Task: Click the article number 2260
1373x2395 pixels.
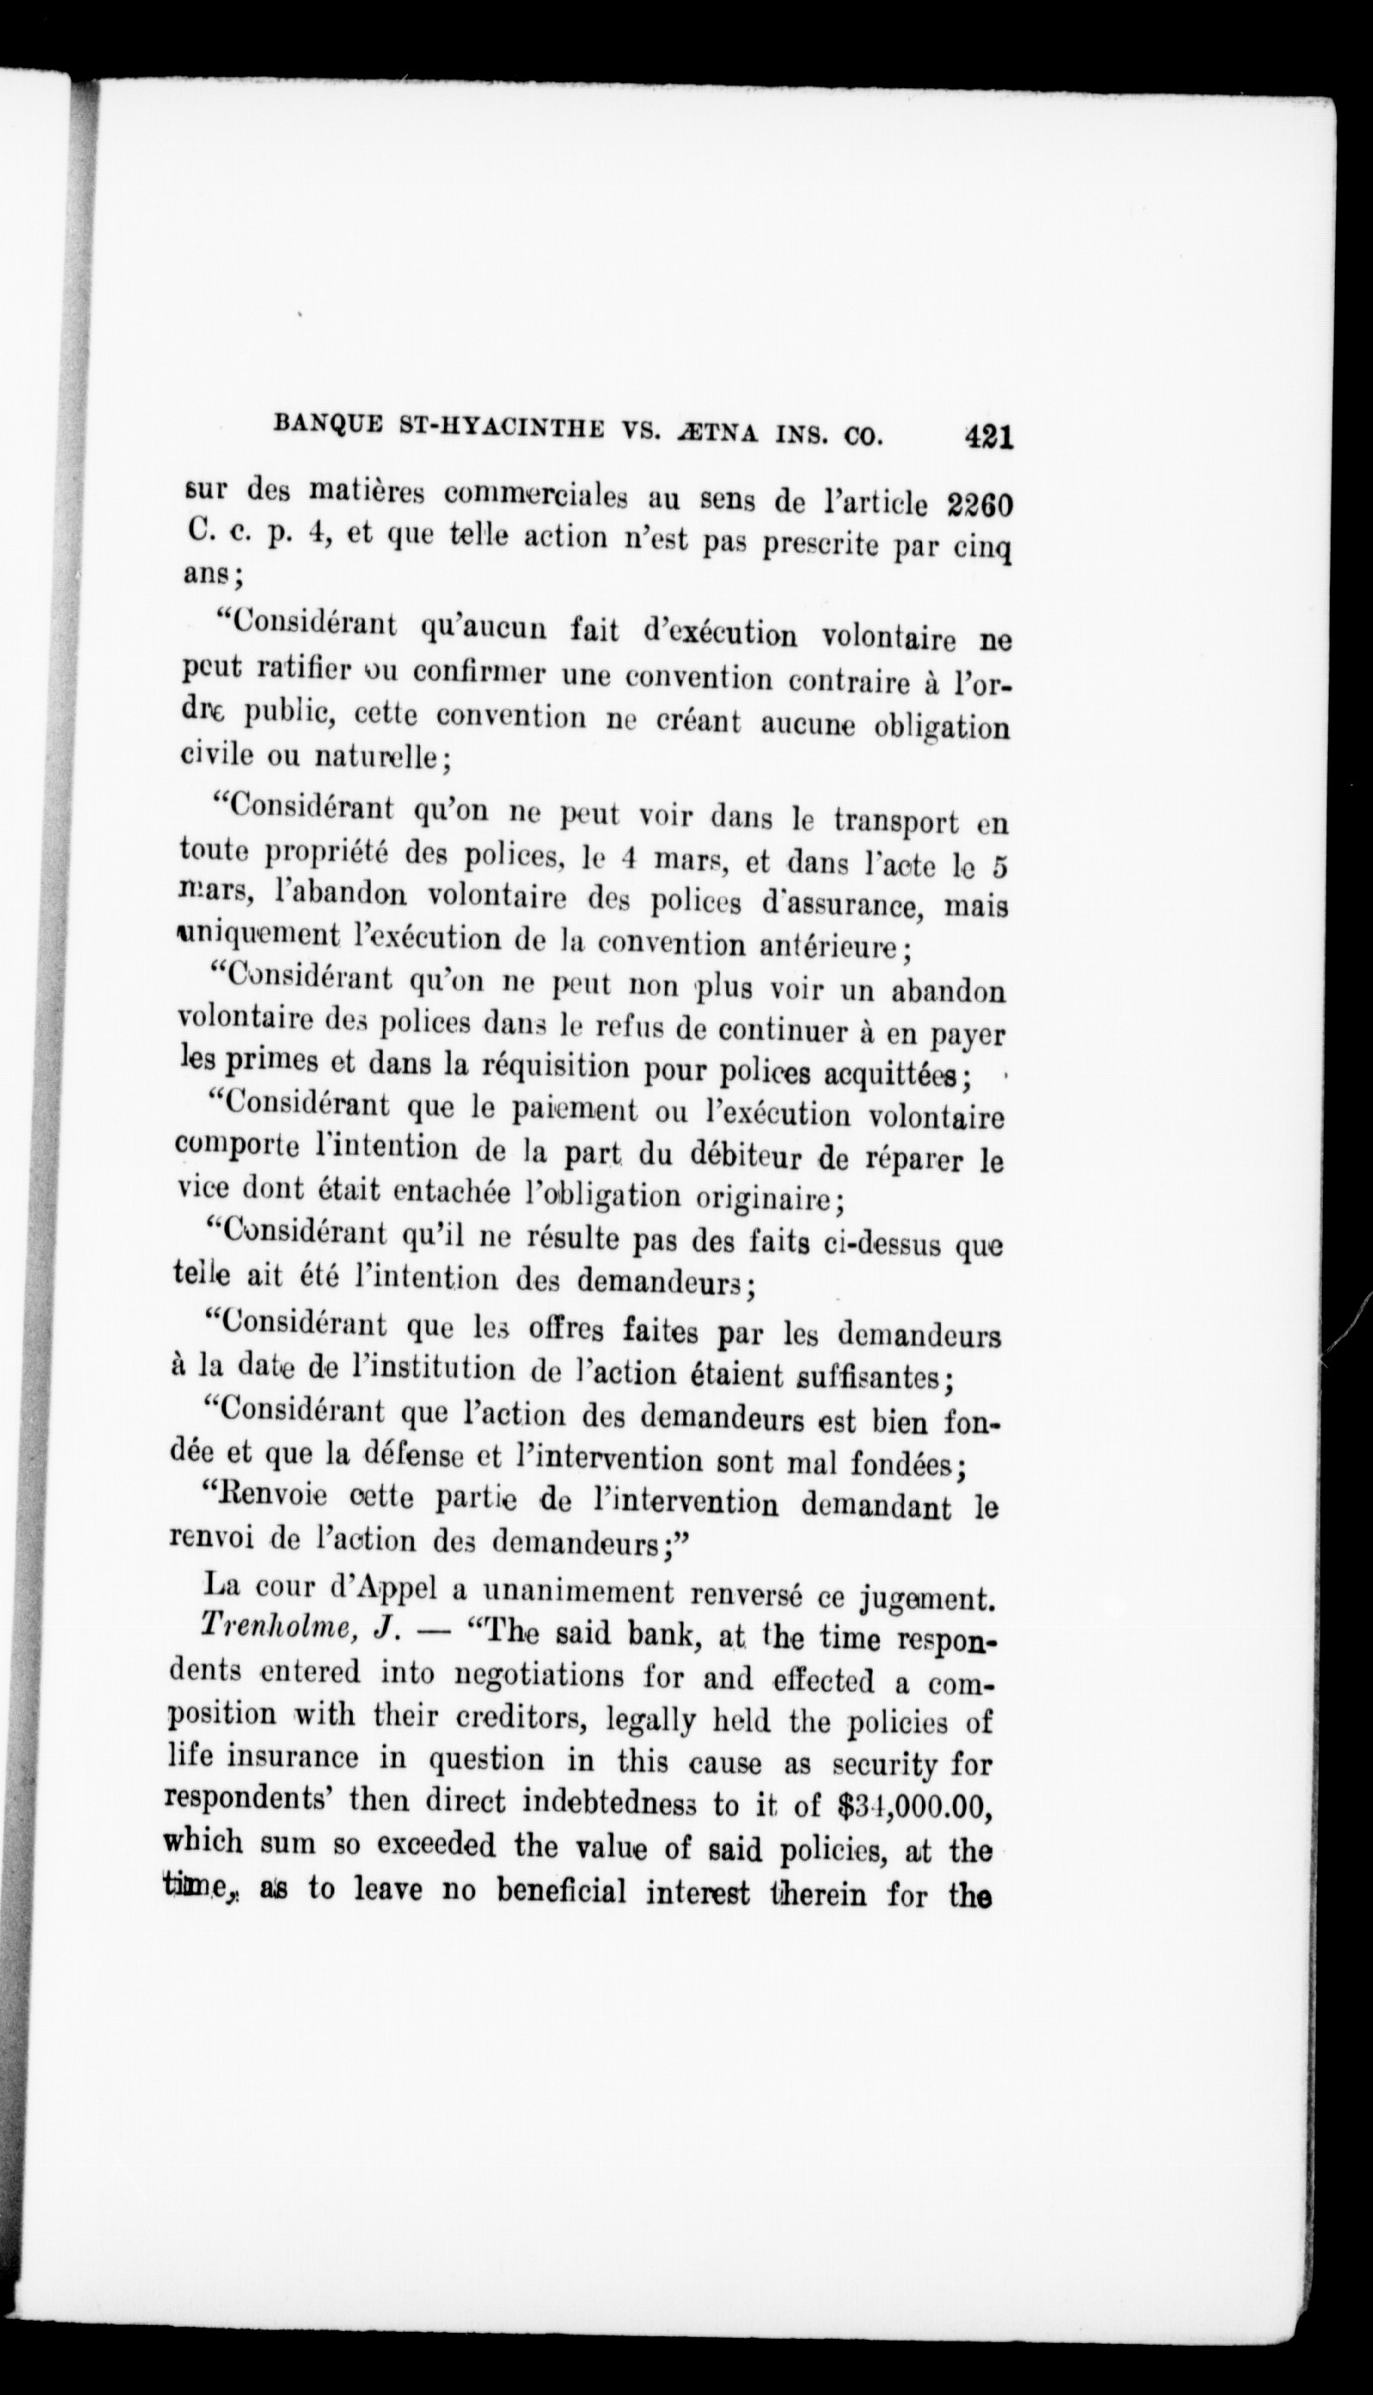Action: pyautogui.click(x=976, y=503)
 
